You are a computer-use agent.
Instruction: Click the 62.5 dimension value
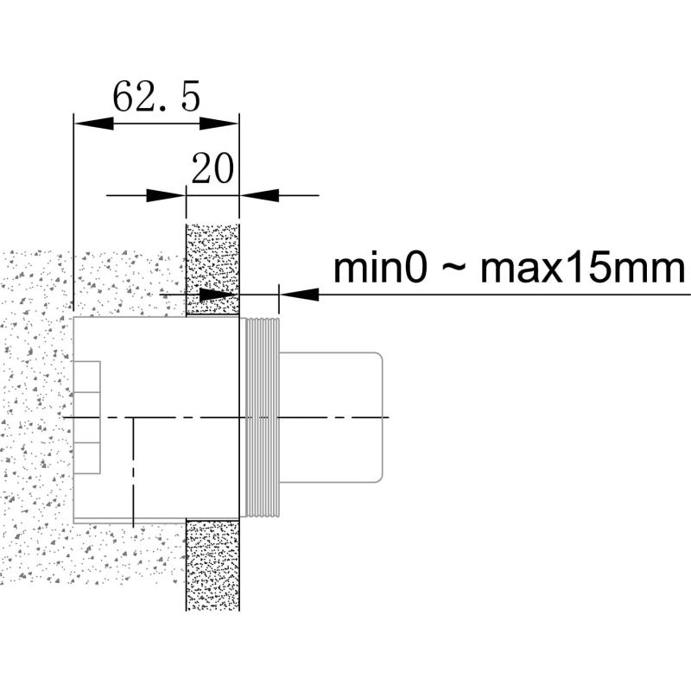157,96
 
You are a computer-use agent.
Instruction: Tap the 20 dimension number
212,168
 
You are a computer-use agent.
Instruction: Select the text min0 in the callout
380,269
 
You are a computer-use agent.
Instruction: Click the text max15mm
582,269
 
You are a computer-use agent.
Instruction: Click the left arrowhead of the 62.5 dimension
94,124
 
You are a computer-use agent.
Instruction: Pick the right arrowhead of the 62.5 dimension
219,124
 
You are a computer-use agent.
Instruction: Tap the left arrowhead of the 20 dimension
166,195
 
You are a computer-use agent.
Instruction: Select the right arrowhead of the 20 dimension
260,195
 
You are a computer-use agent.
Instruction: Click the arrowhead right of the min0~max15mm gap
299,295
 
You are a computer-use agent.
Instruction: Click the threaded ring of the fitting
263,417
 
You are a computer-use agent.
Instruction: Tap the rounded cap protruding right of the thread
331,417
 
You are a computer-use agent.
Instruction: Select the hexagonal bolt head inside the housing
87,417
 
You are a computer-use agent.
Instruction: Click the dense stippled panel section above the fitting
212,269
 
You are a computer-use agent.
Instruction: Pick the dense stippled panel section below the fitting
212,565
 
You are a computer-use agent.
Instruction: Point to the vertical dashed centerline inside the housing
133,472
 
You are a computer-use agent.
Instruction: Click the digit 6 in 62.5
124,96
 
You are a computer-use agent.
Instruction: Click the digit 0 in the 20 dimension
224,168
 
